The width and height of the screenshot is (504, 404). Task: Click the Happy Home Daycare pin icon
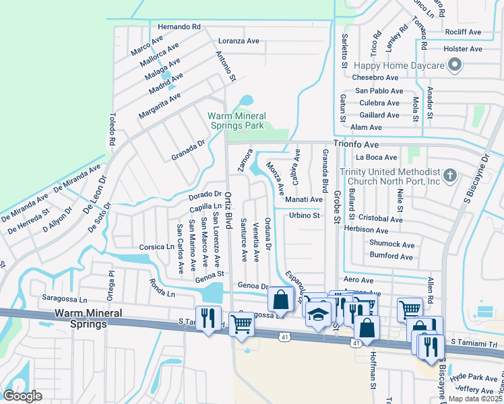tap(455, 66)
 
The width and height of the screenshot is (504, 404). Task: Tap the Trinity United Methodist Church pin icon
tap(451, 176)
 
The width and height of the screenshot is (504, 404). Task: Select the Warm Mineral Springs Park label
tap(235, 120)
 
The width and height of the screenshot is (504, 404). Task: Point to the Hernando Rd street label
tap(179, 26)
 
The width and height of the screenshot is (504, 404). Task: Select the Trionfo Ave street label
tap(356, 144)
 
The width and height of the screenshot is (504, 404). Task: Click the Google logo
tap(23, 396)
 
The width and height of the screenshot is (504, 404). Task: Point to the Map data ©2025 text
tap(476, 399)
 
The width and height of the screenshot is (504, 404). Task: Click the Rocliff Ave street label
tap(463, 32)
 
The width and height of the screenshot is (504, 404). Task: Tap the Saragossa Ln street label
tap(64, 299)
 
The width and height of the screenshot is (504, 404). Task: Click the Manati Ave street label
tap(303, 199)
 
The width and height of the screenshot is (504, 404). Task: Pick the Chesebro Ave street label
tap(377, 77)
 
